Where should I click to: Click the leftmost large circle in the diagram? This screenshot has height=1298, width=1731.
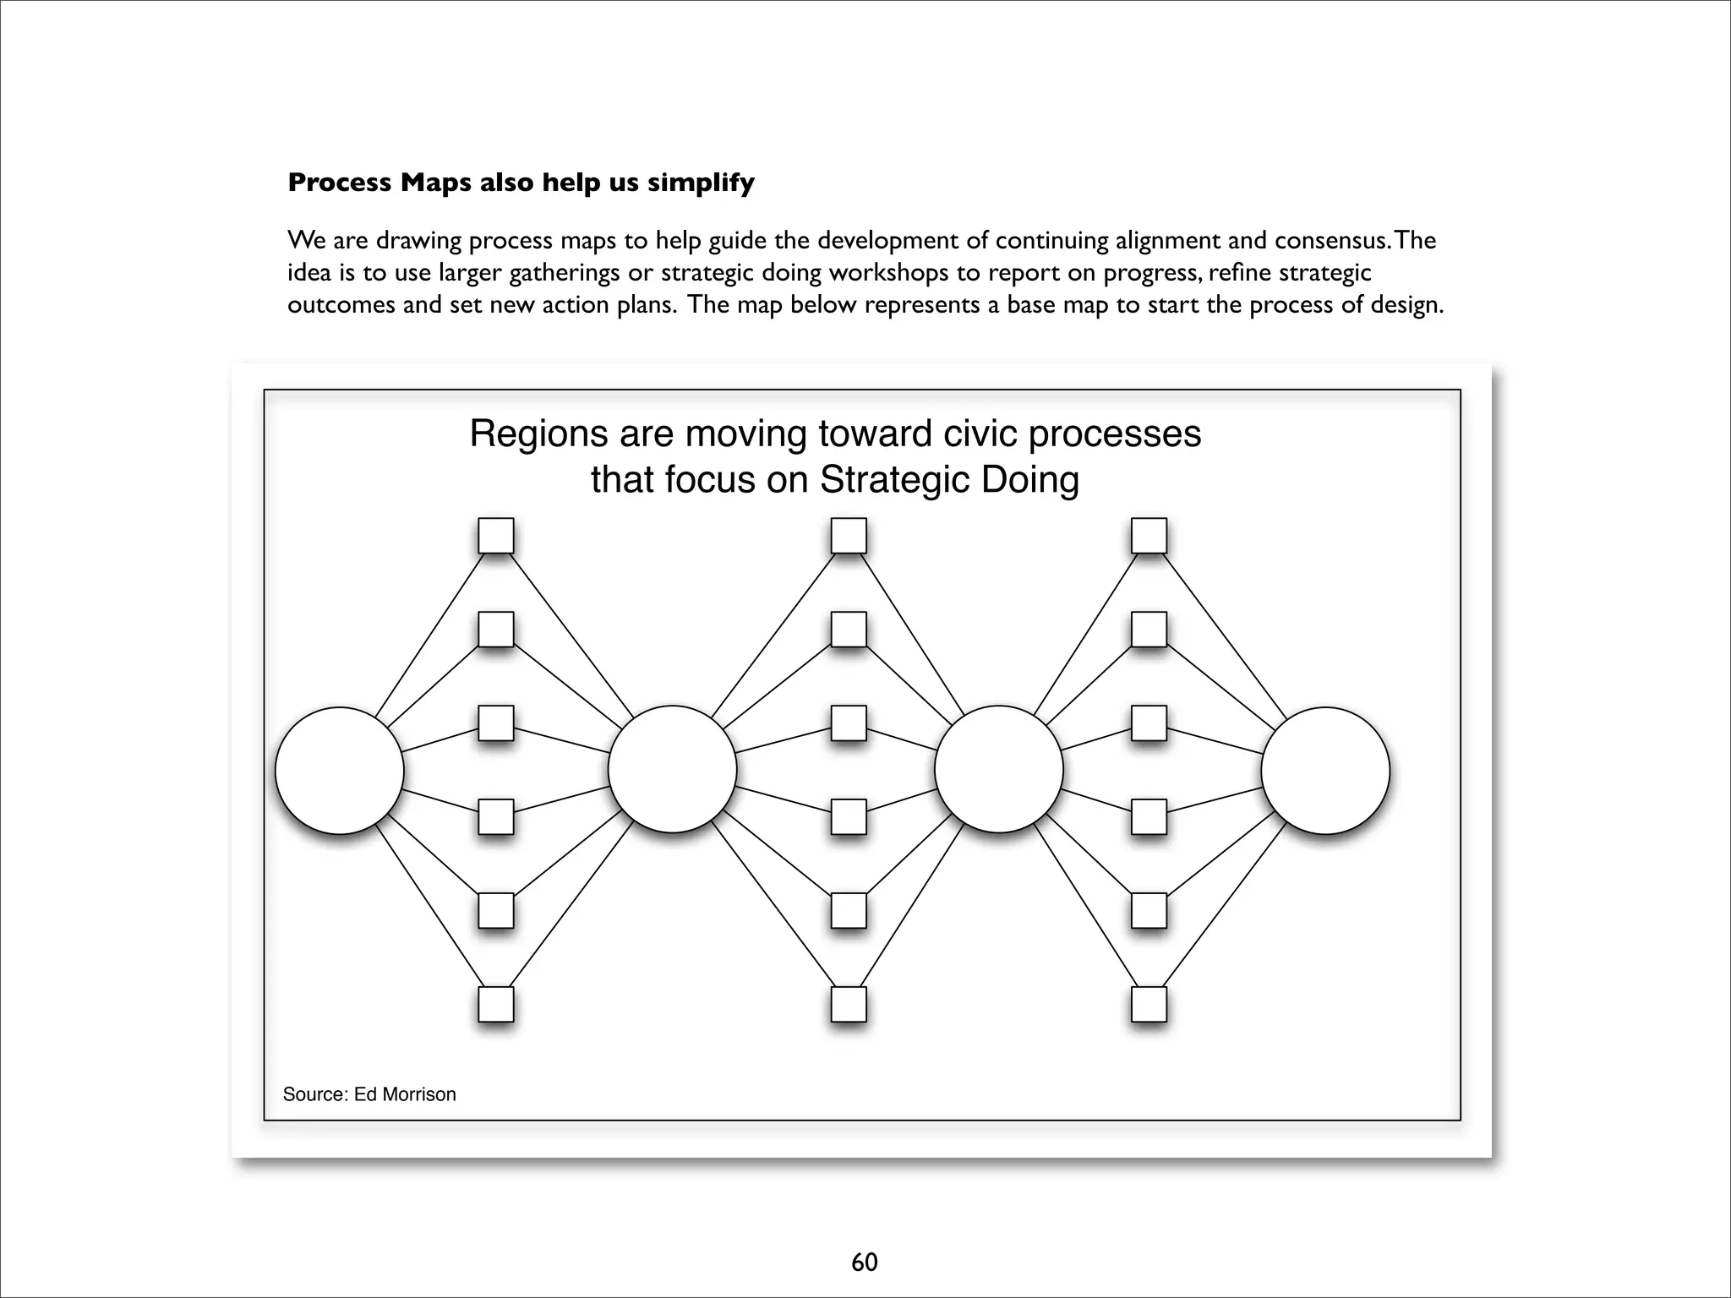point(339,770)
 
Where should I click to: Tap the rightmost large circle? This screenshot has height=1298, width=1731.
point(1324,770)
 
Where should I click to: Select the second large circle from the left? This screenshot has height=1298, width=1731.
point(672,769)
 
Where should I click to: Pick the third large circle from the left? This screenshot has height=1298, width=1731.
point(998,769)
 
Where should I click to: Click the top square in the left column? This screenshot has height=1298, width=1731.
point(496,536)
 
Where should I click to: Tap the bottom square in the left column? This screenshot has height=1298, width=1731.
point(496,1005)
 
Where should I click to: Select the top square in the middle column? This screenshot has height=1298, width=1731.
point(849,536)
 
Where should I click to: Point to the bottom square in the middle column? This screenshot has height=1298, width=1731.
point(849,1005)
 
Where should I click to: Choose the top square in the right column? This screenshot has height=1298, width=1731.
point(1149,536)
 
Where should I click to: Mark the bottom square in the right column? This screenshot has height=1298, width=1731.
point(1149,1005)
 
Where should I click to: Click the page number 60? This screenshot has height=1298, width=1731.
point(865,1263)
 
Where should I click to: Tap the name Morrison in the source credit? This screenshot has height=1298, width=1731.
point(418,1094)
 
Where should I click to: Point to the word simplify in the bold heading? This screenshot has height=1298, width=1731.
point(702,183)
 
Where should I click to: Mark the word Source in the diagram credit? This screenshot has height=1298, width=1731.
point(314,1094)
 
